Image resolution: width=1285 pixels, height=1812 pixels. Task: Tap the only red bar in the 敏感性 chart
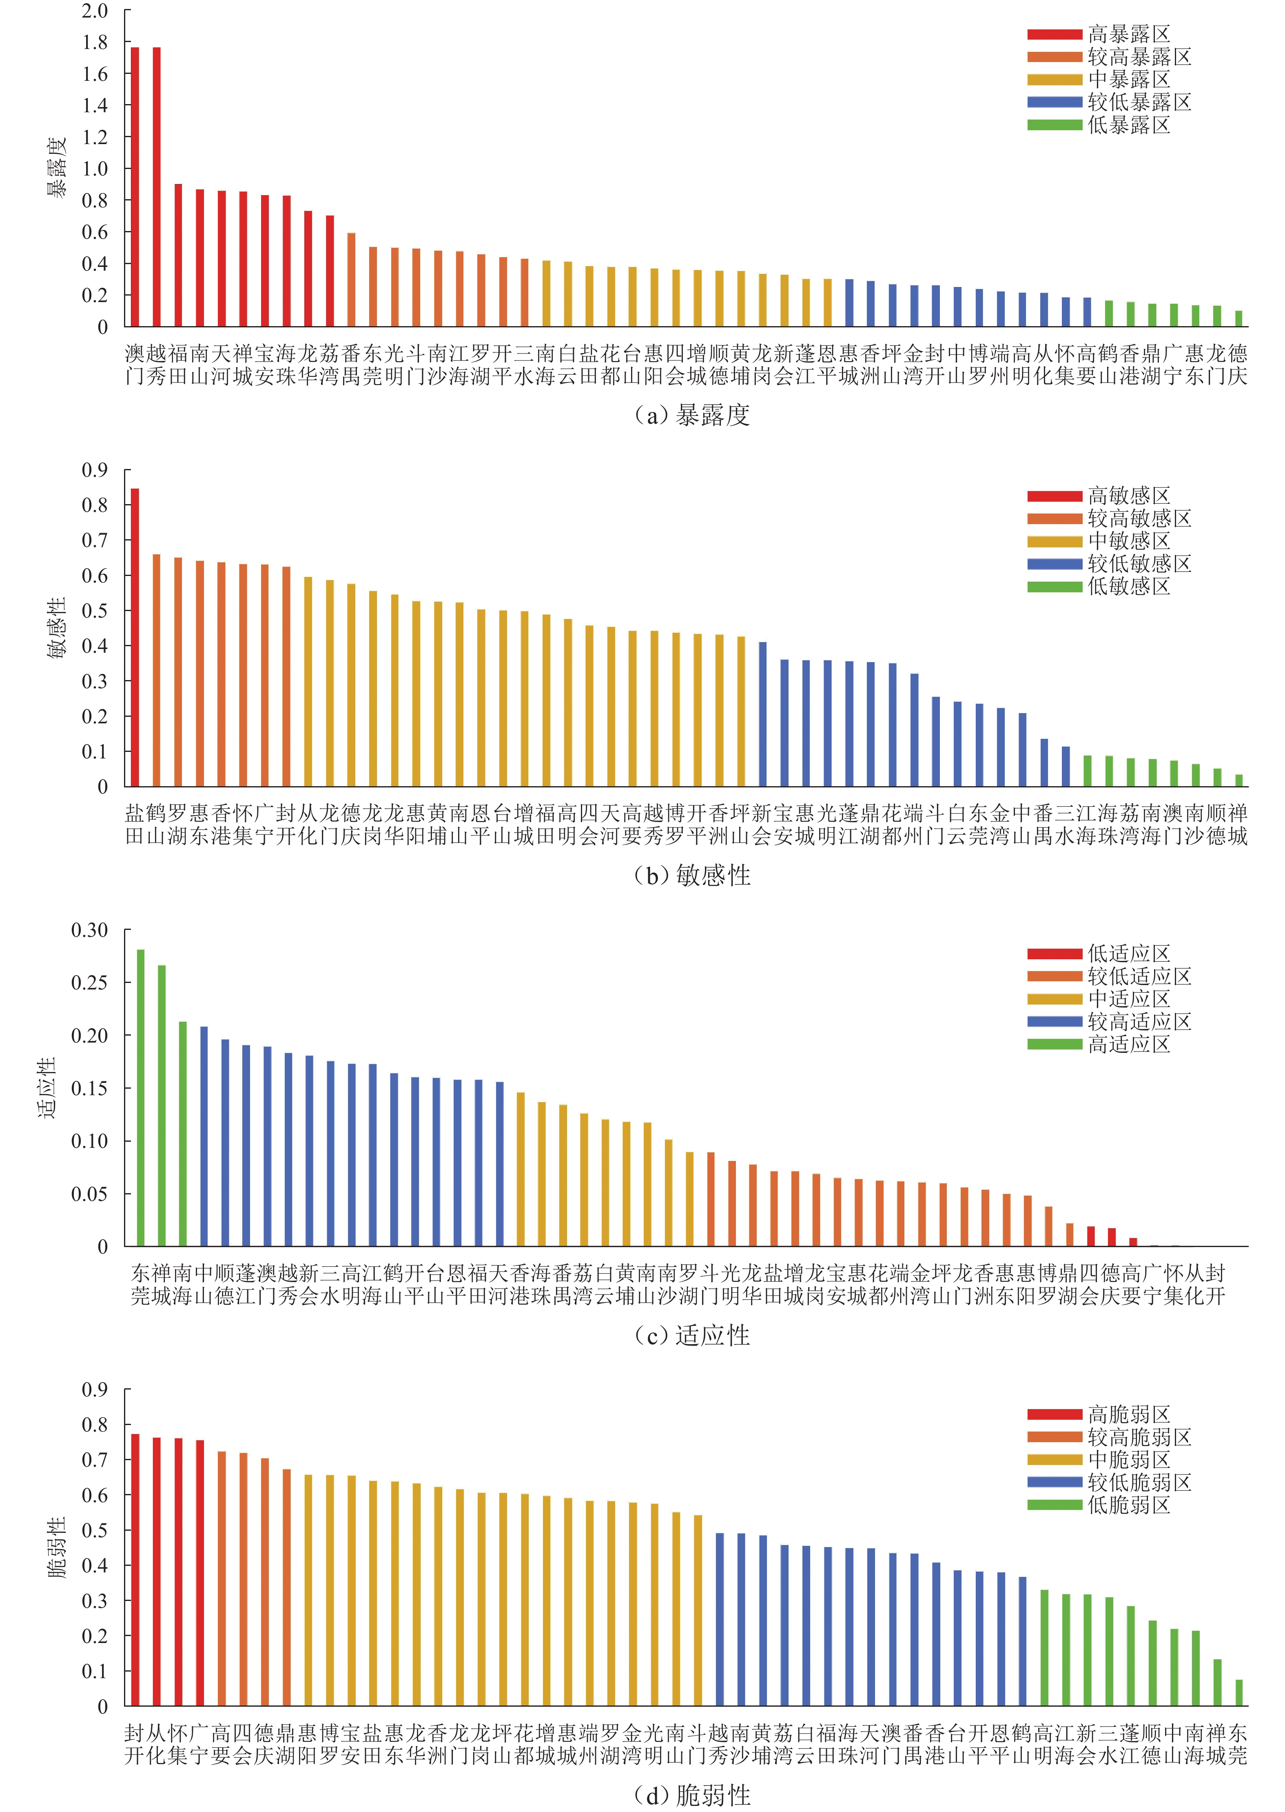135,637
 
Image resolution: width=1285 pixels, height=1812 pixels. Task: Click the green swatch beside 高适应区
1054,1044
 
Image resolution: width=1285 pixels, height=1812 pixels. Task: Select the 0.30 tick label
89,930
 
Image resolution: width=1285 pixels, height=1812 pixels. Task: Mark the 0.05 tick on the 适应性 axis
89,1194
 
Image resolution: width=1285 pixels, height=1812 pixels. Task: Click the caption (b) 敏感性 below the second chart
692,875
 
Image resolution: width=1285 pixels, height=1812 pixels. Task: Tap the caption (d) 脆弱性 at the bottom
692,1795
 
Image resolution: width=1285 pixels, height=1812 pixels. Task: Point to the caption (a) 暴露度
692,415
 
